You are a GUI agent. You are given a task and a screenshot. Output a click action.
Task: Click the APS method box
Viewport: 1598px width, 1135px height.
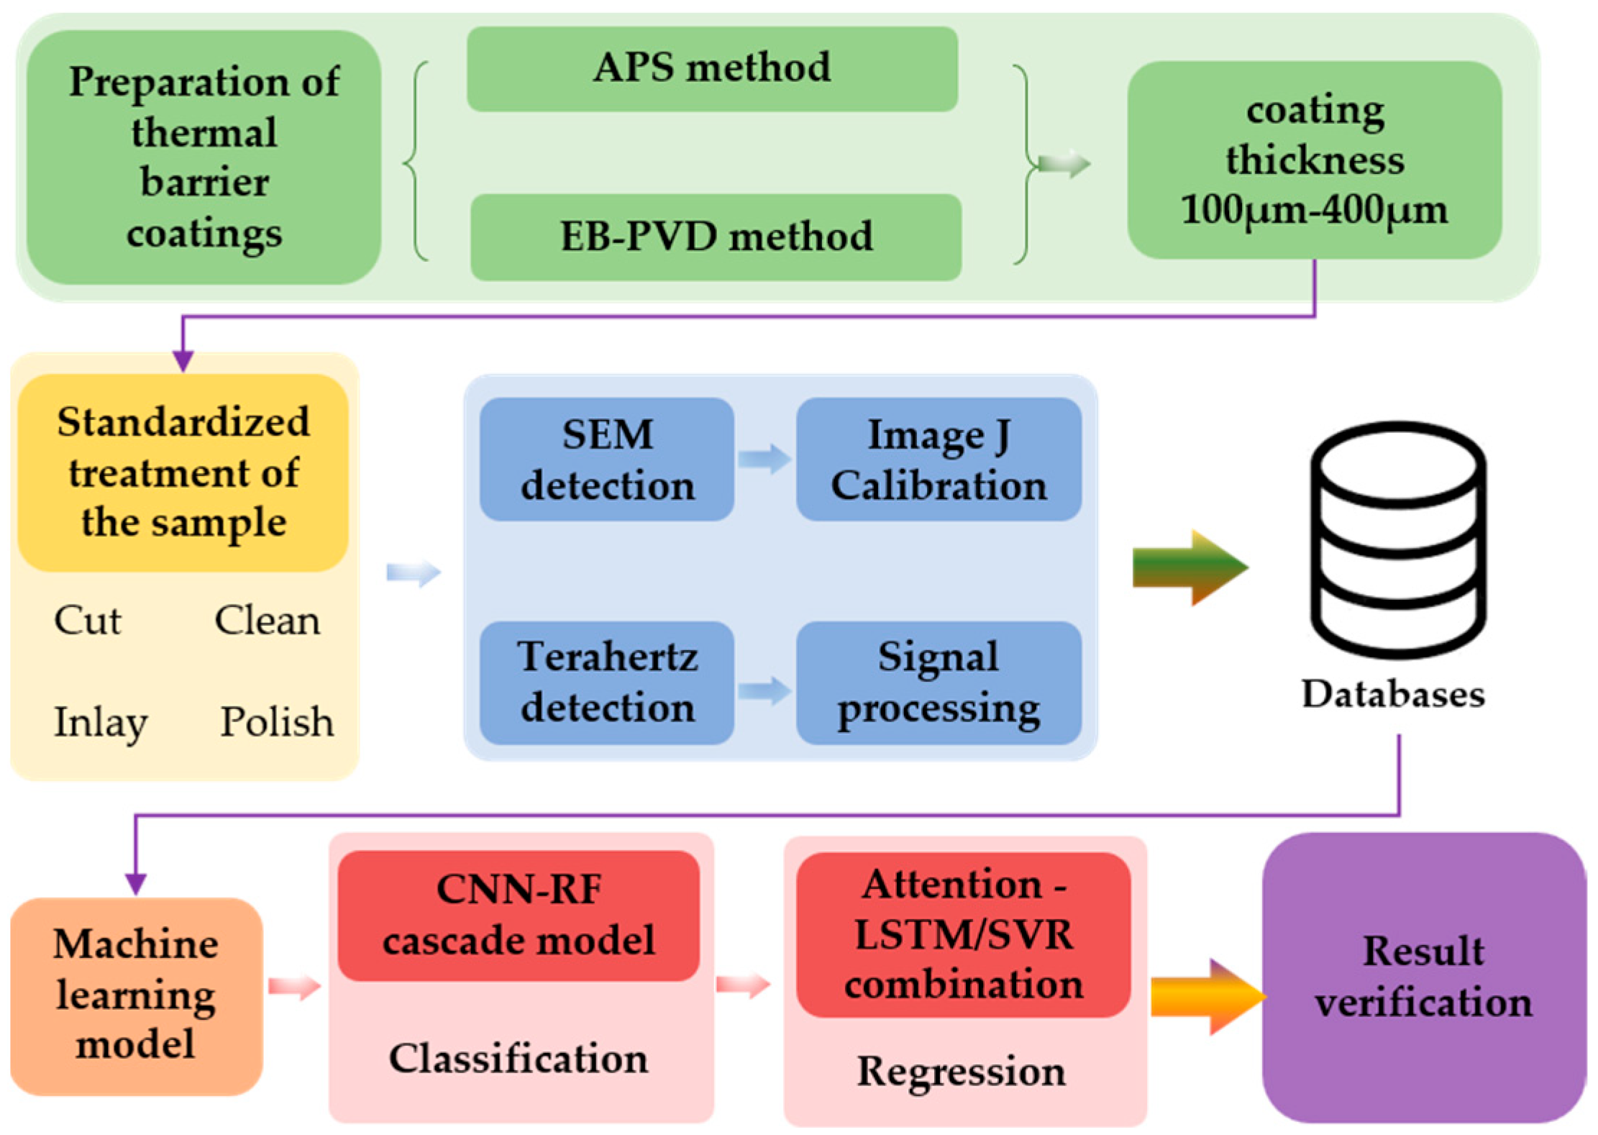coord(711,69)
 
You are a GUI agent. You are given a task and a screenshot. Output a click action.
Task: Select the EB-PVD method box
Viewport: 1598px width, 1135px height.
coord(716,237)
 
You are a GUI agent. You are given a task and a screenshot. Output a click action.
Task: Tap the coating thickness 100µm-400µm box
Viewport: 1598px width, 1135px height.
coord(1314,160)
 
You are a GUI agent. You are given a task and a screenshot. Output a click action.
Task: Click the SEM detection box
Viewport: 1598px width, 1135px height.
coord(607,459)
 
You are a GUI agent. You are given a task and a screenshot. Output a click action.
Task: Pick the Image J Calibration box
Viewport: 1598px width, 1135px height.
coord(939,459)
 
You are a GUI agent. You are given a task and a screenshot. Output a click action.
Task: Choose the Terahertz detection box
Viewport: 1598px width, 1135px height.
coord(607,682)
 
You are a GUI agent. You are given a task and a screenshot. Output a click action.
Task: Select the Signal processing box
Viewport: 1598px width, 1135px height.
coord(939,682)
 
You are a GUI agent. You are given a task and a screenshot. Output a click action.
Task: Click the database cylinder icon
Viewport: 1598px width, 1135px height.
coord(1398,539)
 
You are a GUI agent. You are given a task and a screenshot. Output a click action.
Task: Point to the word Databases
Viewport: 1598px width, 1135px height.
coord(1392,694)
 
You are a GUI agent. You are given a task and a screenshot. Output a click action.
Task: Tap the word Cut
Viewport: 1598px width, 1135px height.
coord(87,620)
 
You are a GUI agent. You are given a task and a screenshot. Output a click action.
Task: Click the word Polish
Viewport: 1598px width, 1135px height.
coord(277,721)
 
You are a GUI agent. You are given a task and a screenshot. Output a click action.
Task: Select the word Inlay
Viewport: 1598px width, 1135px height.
coord(101,721)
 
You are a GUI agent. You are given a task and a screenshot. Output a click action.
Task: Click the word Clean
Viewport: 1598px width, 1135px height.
coord(267,620)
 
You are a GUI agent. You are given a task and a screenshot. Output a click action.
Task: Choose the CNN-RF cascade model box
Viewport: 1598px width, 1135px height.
coord(519,914)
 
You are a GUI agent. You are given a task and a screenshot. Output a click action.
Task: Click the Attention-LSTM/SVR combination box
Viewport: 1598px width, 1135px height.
coord(963,934)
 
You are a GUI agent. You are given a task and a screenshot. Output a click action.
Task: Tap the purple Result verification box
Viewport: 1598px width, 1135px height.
coord(1423,977)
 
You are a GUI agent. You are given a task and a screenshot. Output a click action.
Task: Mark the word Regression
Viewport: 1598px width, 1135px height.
coord(961,1072)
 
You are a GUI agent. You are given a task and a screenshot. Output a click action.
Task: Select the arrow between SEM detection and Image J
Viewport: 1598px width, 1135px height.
coord(764,458)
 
